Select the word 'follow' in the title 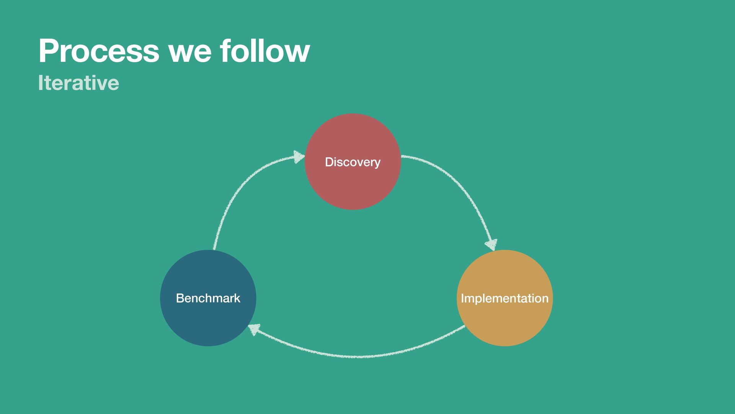pyautogui.click(x=265, y=51)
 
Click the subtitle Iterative pyautogui.click(x=78, y=83)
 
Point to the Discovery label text pyautogui.click(x=353, y=162)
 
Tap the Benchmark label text pyautogui.click(x=208, y=298)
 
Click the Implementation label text pyautogui.click(x=505, y=299)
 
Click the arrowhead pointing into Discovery pyautogui.click(x=299, y=156)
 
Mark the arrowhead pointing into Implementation pyautogui.click(x=491, y=244)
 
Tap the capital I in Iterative pyautogui.click(x=41, y=83)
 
